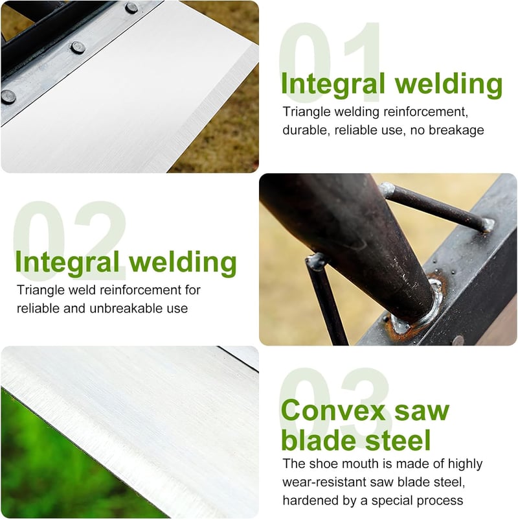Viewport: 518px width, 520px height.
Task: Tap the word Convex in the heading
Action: coord(333,410)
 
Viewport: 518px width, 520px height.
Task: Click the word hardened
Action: coord(308,500)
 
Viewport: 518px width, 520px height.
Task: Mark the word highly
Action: coord(466,464)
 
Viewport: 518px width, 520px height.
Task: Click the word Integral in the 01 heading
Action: coord(333,84)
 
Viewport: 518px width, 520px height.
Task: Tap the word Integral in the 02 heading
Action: coord(67,263)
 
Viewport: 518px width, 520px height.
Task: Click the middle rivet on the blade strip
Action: coord(78,47)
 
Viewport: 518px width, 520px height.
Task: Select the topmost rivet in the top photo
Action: coord(131,7)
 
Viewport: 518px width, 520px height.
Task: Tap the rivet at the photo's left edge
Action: coord(8,97)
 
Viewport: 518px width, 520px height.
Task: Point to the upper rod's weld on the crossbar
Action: coord(487,225)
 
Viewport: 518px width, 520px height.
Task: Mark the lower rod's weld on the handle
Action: coord(316,262)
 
